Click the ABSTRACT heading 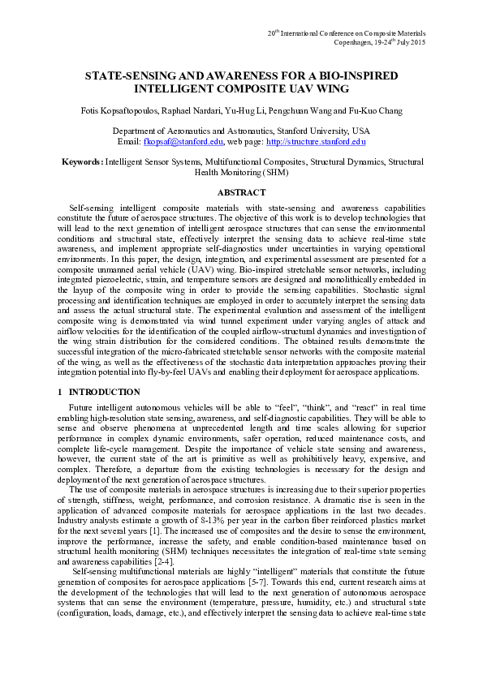(x=241, y=192)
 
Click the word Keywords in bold (x=82, y=162)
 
